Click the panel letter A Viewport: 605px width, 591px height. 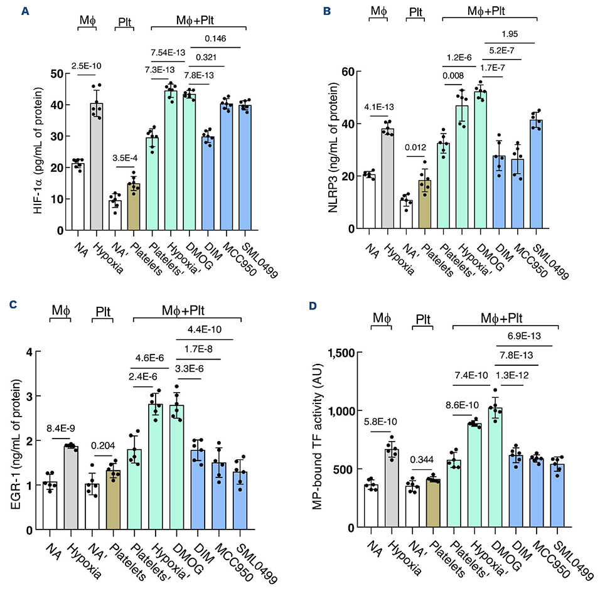(x=25, y=9)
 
